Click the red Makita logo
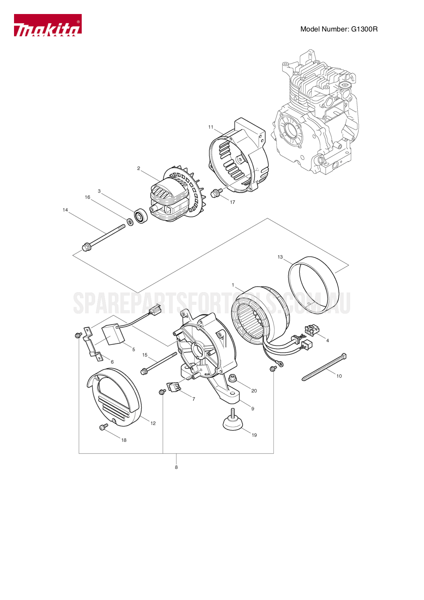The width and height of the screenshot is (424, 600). click(48, 25)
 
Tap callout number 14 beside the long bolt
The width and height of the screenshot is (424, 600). click(65, 210)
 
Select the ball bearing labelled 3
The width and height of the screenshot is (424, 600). click(141, 216)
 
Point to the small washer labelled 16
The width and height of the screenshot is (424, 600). click(130, 222)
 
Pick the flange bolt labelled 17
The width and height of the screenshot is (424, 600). click(216, 193)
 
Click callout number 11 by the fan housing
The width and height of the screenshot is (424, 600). click(211, 127)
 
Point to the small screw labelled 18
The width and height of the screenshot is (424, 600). click(103, 427)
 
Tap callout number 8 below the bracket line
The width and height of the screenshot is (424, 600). click(176, 467)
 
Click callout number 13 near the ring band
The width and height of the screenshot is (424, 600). click(280, 257)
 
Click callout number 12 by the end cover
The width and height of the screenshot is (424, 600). click(153, 423)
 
